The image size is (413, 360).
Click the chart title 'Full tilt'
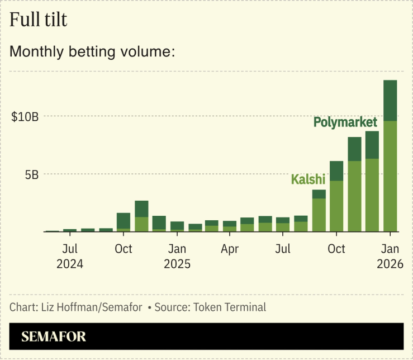[x=38, y=20]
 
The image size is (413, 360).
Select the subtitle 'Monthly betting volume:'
[x=92, y=52]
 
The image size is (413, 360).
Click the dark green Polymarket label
[x=345, y=122]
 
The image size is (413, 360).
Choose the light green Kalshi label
[x=308, y=179]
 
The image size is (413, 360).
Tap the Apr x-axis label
[x=230, y=248]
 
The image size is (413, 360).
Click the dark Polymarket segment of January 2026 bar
[x=390, y=101]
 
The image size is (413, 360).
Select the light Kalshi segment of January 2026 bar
[x=390, y=176]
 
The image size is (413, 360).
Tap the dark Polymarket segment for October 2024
[x=124, y=220]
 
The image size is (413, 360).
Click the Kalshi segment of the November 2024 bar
[x=141, y=224]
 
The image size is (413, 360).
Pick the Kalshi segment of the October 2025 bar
[x=336, y=206]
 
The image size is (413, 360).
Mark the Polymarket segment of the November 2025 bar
[x=354, y=149]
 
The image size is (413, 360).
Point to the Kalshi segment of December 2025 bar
[x=372, y=195]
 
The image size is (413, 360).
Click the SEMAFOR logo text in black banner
[x=54, y=337]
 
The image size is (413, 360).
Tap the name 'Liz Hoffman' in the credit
[x=62, y=307]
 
